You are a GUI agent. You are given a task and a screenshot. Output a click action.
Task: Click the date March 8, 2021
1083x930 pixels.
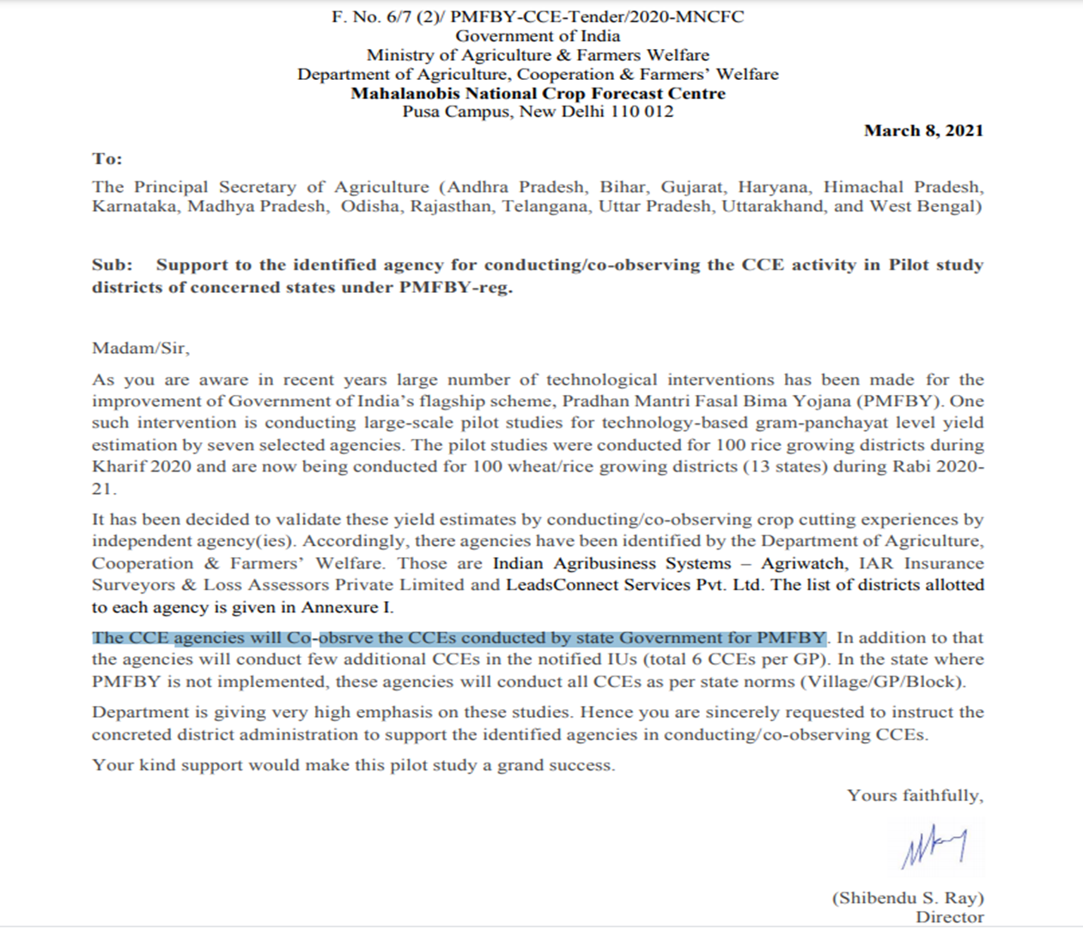click(x=923, y=131)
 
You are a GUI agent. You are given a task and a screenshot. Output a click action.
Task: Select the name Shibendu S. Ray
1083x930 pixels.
click(x=908, y=897)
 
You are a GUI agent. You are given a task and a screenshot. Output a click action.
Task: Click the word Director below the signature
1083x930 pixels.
click(x=949, y=917)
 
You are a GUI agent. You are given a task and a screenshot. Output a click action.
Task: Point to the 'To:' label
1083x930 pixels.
click(x=107, y=159)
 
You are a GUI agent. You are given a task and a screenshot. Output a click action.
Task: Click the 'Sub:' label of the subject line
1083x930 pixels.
click(x=113, y=265)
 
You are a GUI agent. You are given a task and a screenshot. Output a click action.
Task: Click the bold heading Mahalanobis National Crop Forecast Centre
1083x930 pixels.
click(x=538, y=93)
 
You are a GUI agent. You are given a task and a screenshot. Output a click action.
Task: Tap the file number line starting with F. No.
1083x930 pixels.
click(x=538, y=16)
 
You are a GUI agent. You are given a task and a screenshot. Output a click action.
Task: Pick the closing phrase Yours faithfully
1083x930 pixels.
click(x=915, y=795)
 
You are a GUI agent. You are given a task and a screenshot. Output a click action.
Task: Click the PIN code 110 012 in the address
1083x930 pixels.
click(x=642, y=112)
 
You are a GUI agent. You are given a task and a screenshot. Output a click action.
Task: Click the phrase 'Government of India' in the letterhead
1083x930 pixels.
click(x=538, y=36)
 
